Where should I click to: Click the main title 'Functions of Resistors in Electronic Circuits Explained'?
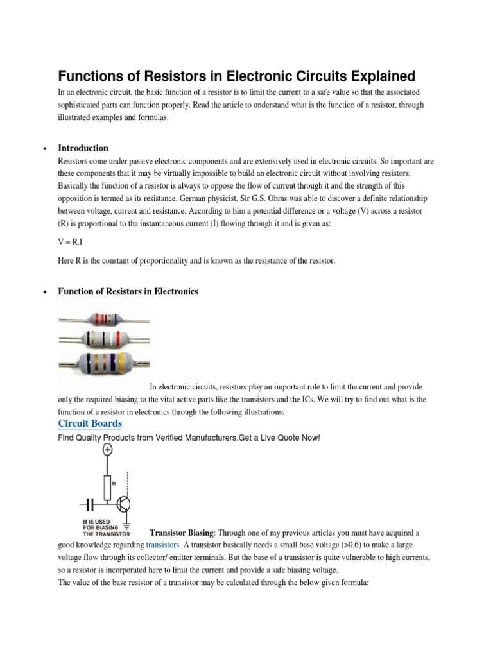pos(236,76)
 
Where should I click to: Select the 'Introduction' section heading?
pos(83,148)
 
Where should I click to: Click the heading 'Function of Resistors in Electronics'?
pos(128,291)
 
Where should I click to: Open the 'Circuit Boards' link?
pos(90,423)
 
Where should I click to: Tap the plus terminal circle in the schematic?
pos(107,450)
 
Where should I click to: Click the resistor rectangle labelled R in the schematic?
pos(107,482)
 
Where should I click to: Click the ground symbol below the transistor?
pos(126,525)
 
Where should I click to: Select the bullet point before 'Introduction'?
pos(44,149)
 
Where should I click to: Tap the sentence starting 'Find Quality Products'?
pos(189,438)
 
